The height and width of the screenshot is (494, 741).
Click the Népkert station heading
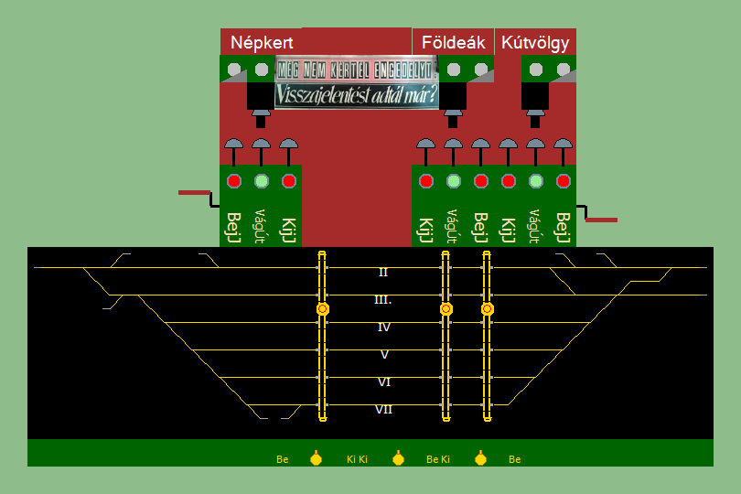click(262, 43)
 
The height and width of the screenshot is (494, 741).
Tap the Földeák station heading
click(453, 43)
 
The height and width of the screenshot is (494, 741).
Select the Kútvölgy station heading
click(535, 43)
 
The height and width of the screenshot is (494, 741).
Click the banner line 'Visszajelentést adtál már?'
click(357, 94)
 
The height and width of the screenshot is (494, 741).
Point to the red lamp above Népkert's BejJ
click(234, 181)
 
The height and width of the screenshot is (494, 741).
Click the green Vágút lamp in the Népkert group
click(262, 181)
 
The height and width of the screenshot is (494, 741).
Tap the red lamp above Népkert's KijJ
click(289, 181)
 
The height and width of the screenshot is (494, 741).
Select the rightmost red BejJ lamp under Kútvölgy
click(564, 181)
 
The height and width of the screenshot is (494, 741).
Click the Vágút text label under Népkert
click(261, 226)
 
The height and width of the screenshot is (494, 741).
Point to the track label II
click(383, 272)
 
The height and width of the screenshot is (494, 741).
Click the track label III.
click(383, 299)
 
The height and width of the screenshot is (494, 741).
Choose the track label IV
click(384, 327)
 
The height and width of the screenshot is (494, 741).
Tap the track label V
click(384, 354)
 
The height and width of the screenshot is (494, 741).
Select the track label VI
click(384, 381)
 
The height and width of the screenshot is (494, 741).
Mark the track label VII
click(384, 409)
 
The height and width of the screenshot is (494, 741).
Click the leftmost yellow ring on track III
click(322, 309)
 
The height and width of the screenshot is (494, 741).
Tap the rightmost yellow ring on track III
click(487, 309)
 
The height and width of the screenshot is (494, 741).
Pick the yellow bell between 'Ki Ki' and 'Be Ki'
click(398, 458)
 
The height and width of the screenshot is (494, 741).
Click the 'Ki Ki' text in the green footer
click(357, 459)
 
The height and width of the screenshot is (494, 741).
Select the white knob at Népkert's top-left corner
click(234, 69)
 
